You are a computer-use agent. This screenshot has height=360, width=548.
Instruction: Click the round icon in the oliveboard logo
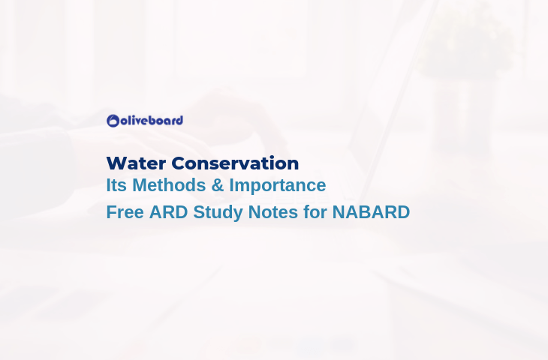(x=113, y=121)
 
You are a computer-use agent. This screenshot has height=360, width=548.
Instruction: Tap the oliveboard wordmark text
(x=152, y=121)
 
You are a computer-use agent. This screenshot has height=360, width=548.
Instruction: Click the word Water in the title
(x=136, y=163)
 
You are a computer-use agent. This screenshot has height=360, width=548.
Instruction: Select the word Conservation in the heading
(x=235, y=163)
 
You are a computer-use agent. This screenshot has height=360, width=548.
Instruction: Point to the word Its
(x=116, y=185)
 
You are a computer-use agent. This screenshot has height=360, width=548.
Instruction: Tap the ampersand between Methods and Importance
(x=218, y=185)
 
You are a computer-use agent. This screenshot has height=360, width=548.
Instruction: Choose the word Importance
(x=278, y=185)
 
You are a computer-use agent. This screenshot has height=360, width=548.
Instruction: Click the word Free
(x=125, y=212)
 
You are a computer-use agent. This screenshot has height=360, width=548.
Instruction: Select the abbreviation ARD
(x=168, y=212)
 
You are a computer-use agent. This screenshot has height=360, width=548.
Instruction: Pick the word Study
(x=218, y=213)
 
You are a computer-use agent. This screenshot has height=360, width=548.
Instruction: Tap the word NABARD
(x=371, y=212)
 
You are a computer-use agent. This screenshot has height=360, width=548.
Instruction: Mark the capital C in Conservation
(x=178, y=163)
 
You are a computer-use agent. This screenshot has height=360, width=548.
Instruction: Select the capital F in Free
(x=111, y=212)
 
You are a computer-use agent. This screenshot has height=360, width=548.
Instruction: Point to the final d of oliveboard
(x=179, y=121)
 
